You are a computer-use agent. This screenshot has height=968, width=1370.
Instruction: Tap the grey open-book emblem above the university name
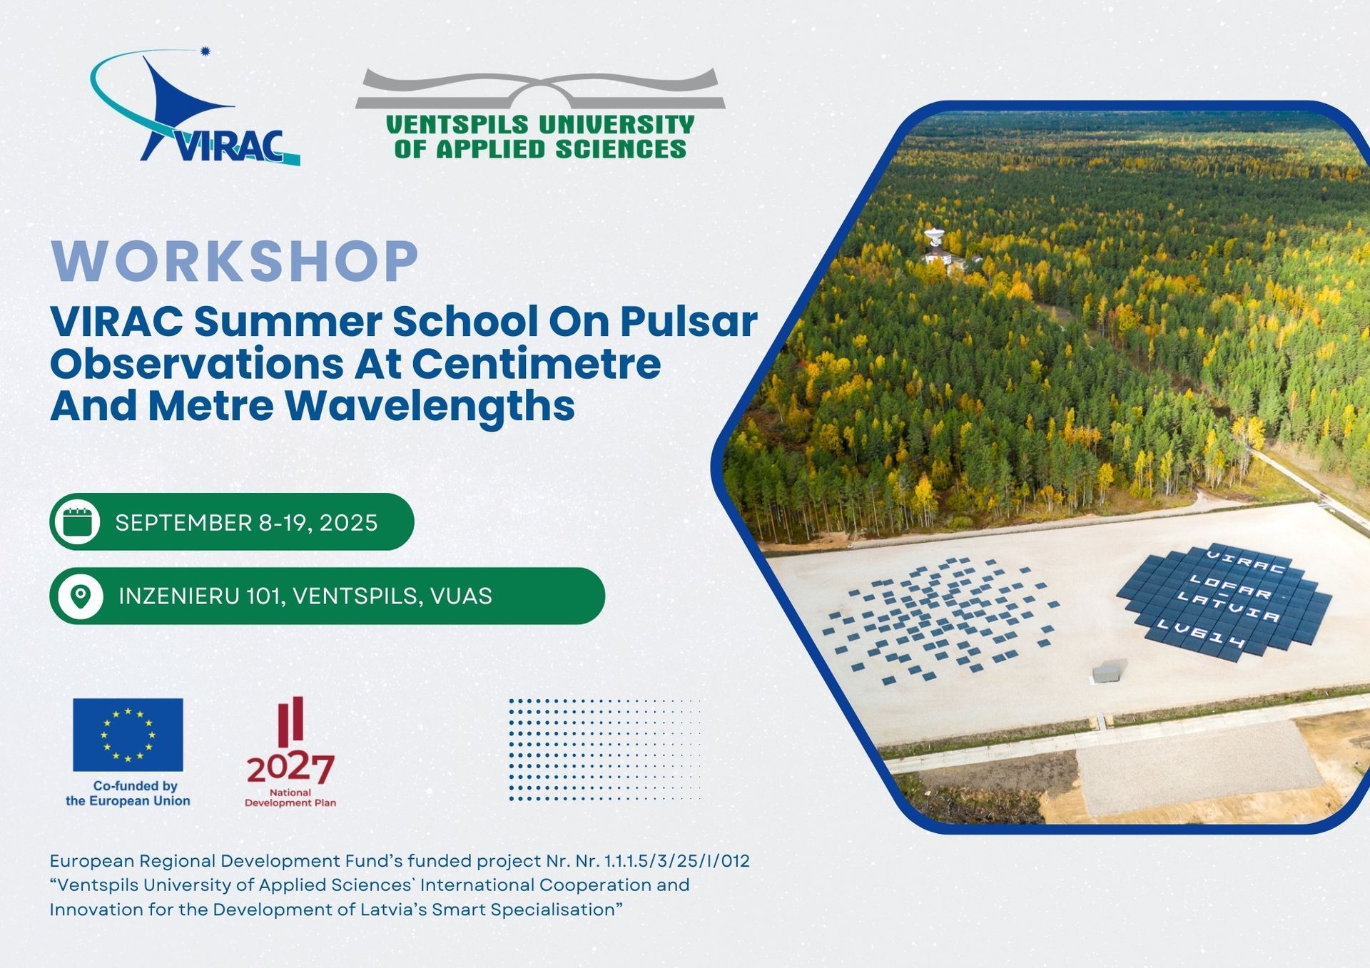(x=540, y=90)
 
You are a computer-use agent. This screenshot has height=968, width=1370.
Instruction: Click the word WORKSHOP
(x=235, y=261)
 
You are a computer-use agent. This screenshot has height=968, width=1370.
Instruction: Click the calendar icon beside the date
(x=78, y=521)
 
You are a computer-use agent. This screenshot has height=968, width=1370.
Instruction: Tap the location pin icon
(x=81, y=596)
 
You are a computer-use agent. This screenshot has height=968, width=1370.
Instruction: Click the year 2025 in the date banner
(x=348, y=523)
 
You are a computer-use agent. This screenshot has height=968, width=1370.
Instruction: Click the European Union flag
(x=128, y=735)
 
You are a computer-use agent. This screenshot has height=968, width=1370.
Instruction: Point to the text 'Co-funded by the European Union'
(x=128, y=793)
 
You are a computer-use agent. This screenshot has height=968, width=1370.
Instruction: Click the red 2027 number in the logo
(x=290, y=768)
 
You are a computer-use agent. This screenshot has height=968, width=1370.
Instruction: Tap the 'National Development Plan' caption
(x=290, y=798)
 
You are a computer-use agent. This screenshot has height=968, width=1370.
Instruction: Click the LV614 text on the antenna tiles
(x=1201, y=634)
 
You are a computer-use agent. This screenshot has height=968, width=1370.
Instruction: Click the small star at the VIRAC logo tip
(x=206, y=51)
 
